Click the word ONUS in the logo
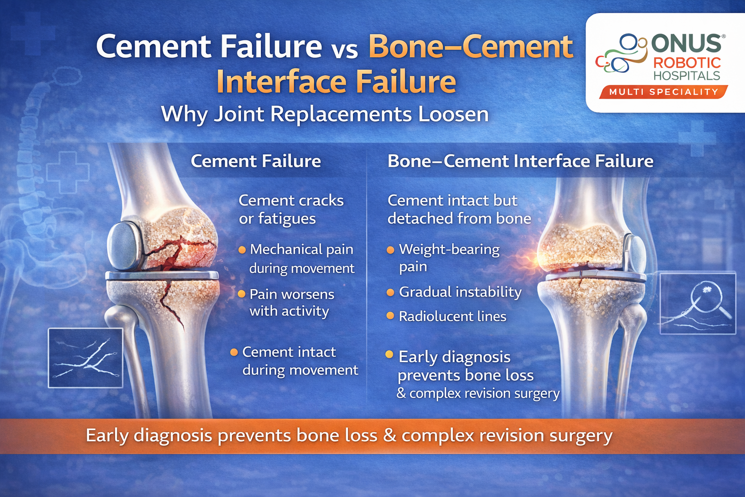coord(686,44)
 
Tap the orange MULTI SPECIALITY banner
coord(663,92)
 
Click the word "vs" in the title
coord(345,50)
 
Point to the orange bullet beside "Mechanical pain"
coord(242,250)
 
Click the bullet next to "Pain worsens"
coord(242,294)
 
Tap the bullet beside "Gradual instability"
coord(390,292)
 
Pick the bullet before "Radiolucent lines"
coord(390,316)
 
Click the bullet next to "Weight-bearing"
coord(390,250)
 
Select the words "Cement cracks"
coord(291,200)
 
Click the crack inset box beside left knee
coord(85,358)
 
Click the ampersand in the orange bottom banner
coord(389,435)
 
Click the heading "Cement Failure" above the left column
coord(256,161)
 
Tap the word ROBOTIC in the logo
coord(687,63)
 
